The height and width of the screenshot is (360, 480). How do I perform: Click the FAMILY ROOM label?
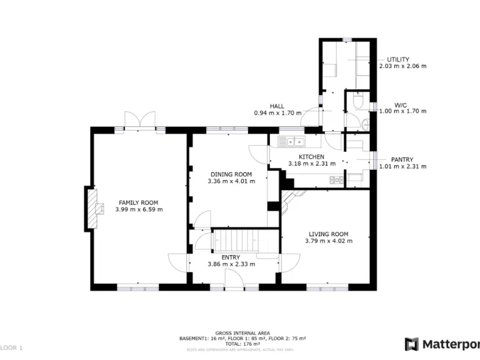(x=139, y=202)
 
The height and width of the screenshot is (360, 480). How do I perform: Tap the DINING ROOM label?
(x=231, y=174)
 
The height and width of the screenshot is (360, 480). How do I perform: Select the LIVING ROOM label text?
(x=327, y=234)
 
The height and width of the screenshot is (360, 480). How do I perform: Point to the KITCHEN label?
(x=311, y=157)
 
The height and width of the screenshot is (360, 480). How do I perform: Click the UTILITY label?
(x=398, y=59)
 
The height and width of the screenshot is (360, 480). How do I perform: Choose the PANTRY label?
(x=402, y=159)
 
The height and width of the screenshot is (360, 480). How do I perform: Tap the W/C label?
(x=400, y=104)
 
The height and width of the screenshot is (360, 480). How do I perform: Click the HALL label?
(x=277, y=106)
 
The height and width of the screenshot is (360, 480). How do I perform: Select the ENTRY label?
(x=231, y=257)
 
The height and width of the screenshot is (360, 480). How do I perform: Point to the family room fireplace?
(x=96, y=207)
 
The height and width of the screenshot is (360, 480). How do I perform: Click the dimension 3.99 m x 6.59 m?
(x=139, y=210)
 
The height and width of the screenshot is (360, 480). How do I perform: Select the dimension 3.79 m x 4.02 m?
(x=327, y=241)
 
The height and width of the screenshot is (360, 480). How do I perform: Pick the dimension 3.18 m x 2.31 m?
(x=311, y=164)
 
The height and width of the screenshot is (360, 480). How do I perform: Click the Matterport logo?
(x=441, y=344)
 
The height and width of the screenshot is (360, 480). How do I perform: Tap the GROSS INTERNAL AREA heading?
(x=242, y=333)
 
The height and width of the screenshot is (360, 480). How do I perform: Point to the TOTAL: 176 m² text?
(x=242, y=343)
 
